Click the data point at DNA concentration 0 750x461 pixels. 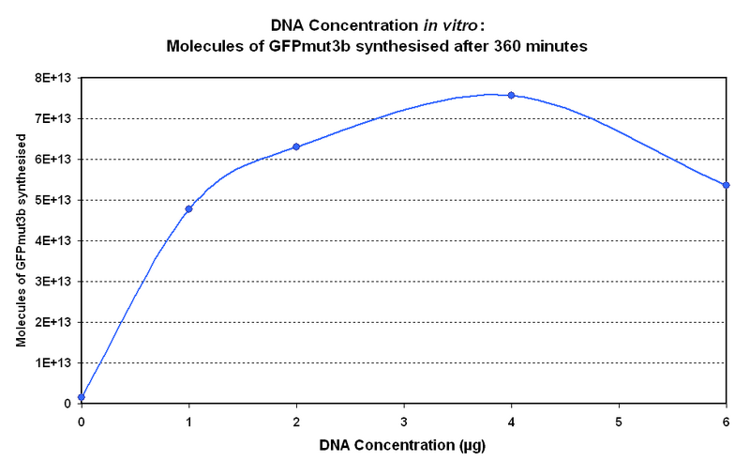(82, 397)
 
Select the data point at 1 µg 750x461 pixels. (188, 208)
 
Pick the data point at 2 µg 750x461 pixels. (296, 146)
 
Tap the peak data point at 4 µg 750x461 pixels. (511, 95)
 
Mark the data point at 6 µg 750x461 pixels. (726, 185)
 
